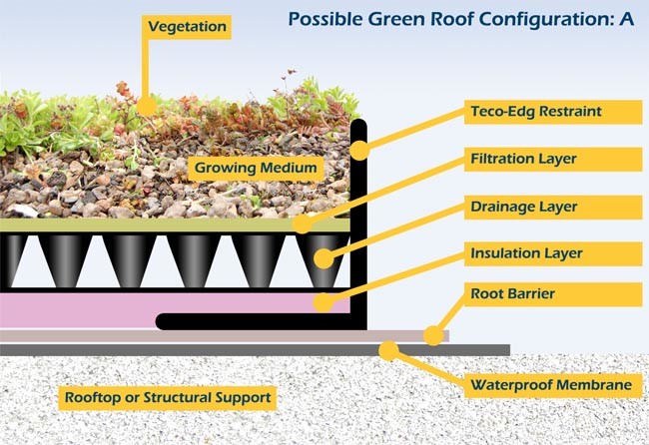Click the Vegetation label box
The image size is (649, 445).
[188, 25]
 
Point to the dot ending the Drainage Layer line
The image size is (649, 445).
[324, 258]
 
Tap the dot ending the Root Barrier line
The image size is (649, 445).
[432, 335]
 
